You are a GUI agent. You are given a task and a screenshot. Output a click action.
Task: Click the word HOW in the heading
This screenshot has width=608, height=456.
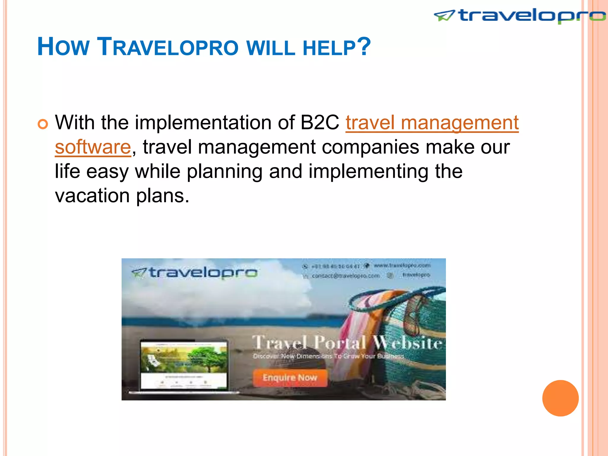point(63,47)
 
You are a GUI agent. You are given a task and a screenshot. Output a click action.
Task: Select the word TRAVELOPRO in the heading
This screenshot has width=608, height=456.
point(168,47)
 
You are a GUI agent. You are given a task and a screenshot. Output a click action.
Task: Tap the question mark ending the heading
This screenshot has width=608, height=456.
point(364,46)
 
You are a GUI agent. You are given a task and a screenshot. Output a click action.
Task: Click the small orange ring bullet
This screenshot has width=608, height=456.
point(43,124)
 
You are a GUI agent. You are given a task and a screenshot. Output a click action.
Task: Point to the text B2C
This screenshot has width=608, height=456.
point(319,122)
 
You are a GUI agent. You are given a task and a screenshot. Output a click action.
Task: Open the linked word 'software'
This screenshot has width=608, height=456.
point(93,147)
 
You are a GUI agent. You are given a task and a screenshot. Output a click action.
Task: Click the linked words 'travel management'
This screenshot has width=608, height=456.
point(432,122)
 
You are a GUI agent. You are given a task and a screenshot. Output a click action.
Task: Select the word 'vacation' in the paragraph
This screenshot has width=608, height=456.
point(92,196)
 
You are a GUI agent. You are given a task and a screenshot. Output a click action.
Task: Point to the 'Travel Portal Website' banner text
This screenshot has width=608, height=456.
point(347,343)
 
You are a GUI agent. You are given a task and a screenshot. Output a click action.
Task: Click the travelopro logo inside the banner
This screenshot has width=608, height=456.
point(194,273)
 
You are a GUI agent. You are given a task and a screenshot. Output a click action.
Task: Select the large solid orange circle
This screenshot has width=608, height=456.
point(560,398)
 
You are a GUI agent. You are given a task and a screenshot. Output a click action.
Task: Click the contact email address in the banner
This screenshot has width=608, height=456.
point(346,276)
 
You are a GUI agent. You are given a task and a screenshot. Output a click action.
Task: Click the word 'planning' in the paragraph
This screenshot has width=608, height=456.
point(224,172)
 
